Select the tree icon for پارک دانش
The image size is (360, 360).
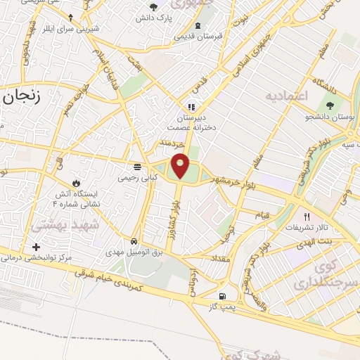(153, 7)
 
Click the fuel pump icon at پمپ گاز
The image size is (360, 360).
(223, 297)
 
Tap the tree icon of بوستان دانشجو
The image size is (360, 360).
(330, 105)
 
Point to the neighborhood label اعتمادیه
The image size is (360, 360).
(288, 94)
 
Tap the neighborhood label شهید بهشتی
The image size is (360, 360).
(56, 225)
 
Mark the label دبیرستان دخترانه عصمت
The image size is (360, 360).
(190, 124)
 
